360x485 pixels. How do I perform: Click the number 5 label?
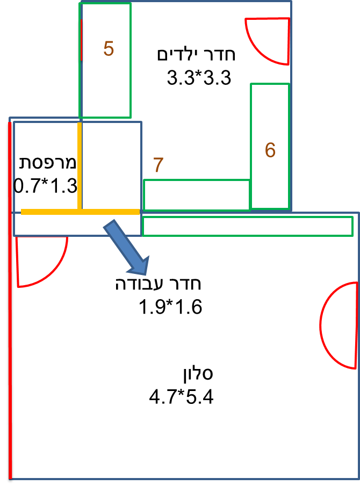109,49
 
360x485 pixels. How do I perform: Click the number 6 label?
270,150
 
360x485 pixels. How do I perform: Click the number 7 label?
157,164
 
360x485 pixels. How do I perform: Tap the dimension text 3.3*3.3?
199,78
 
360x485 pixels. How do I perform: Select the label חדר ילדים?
196,55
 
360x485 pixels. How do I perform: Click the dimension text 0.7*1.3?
45,186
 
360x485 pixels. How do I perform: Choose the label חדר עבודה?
158,284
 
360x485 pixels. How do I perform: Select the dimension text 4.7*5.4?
182,397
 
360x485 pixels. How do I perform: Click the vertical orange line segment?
80,165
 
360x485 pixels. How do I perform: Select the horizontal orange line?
81,212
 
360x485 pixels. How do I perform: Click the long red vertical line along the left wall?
10,301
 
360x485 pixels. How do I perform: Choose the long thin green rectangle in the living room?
247,226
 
